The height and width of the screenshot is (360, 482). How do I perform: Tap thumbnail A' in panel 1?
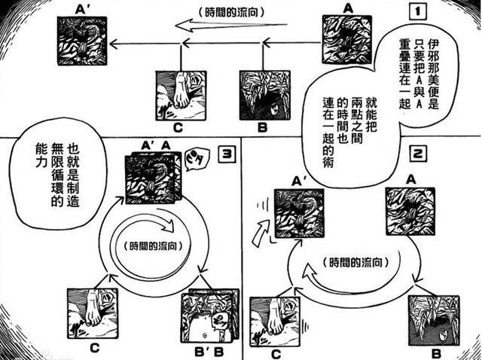coord(84,40)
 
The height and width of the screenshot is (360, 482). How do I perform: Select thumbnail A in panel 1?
coord(348,41)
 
